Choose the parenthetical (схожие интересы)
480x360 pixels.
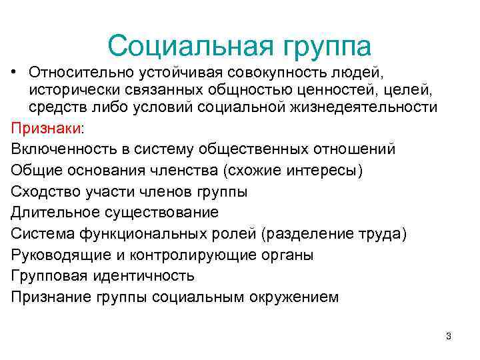(295, 171)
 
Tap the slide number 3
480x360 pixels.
(448, 336)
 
